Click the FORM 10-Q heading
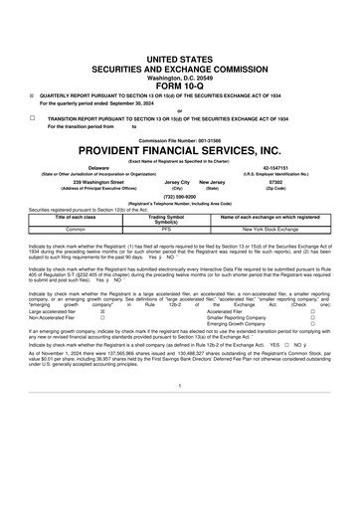(179, 57)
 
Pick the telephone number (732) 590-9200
(179, 197)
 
